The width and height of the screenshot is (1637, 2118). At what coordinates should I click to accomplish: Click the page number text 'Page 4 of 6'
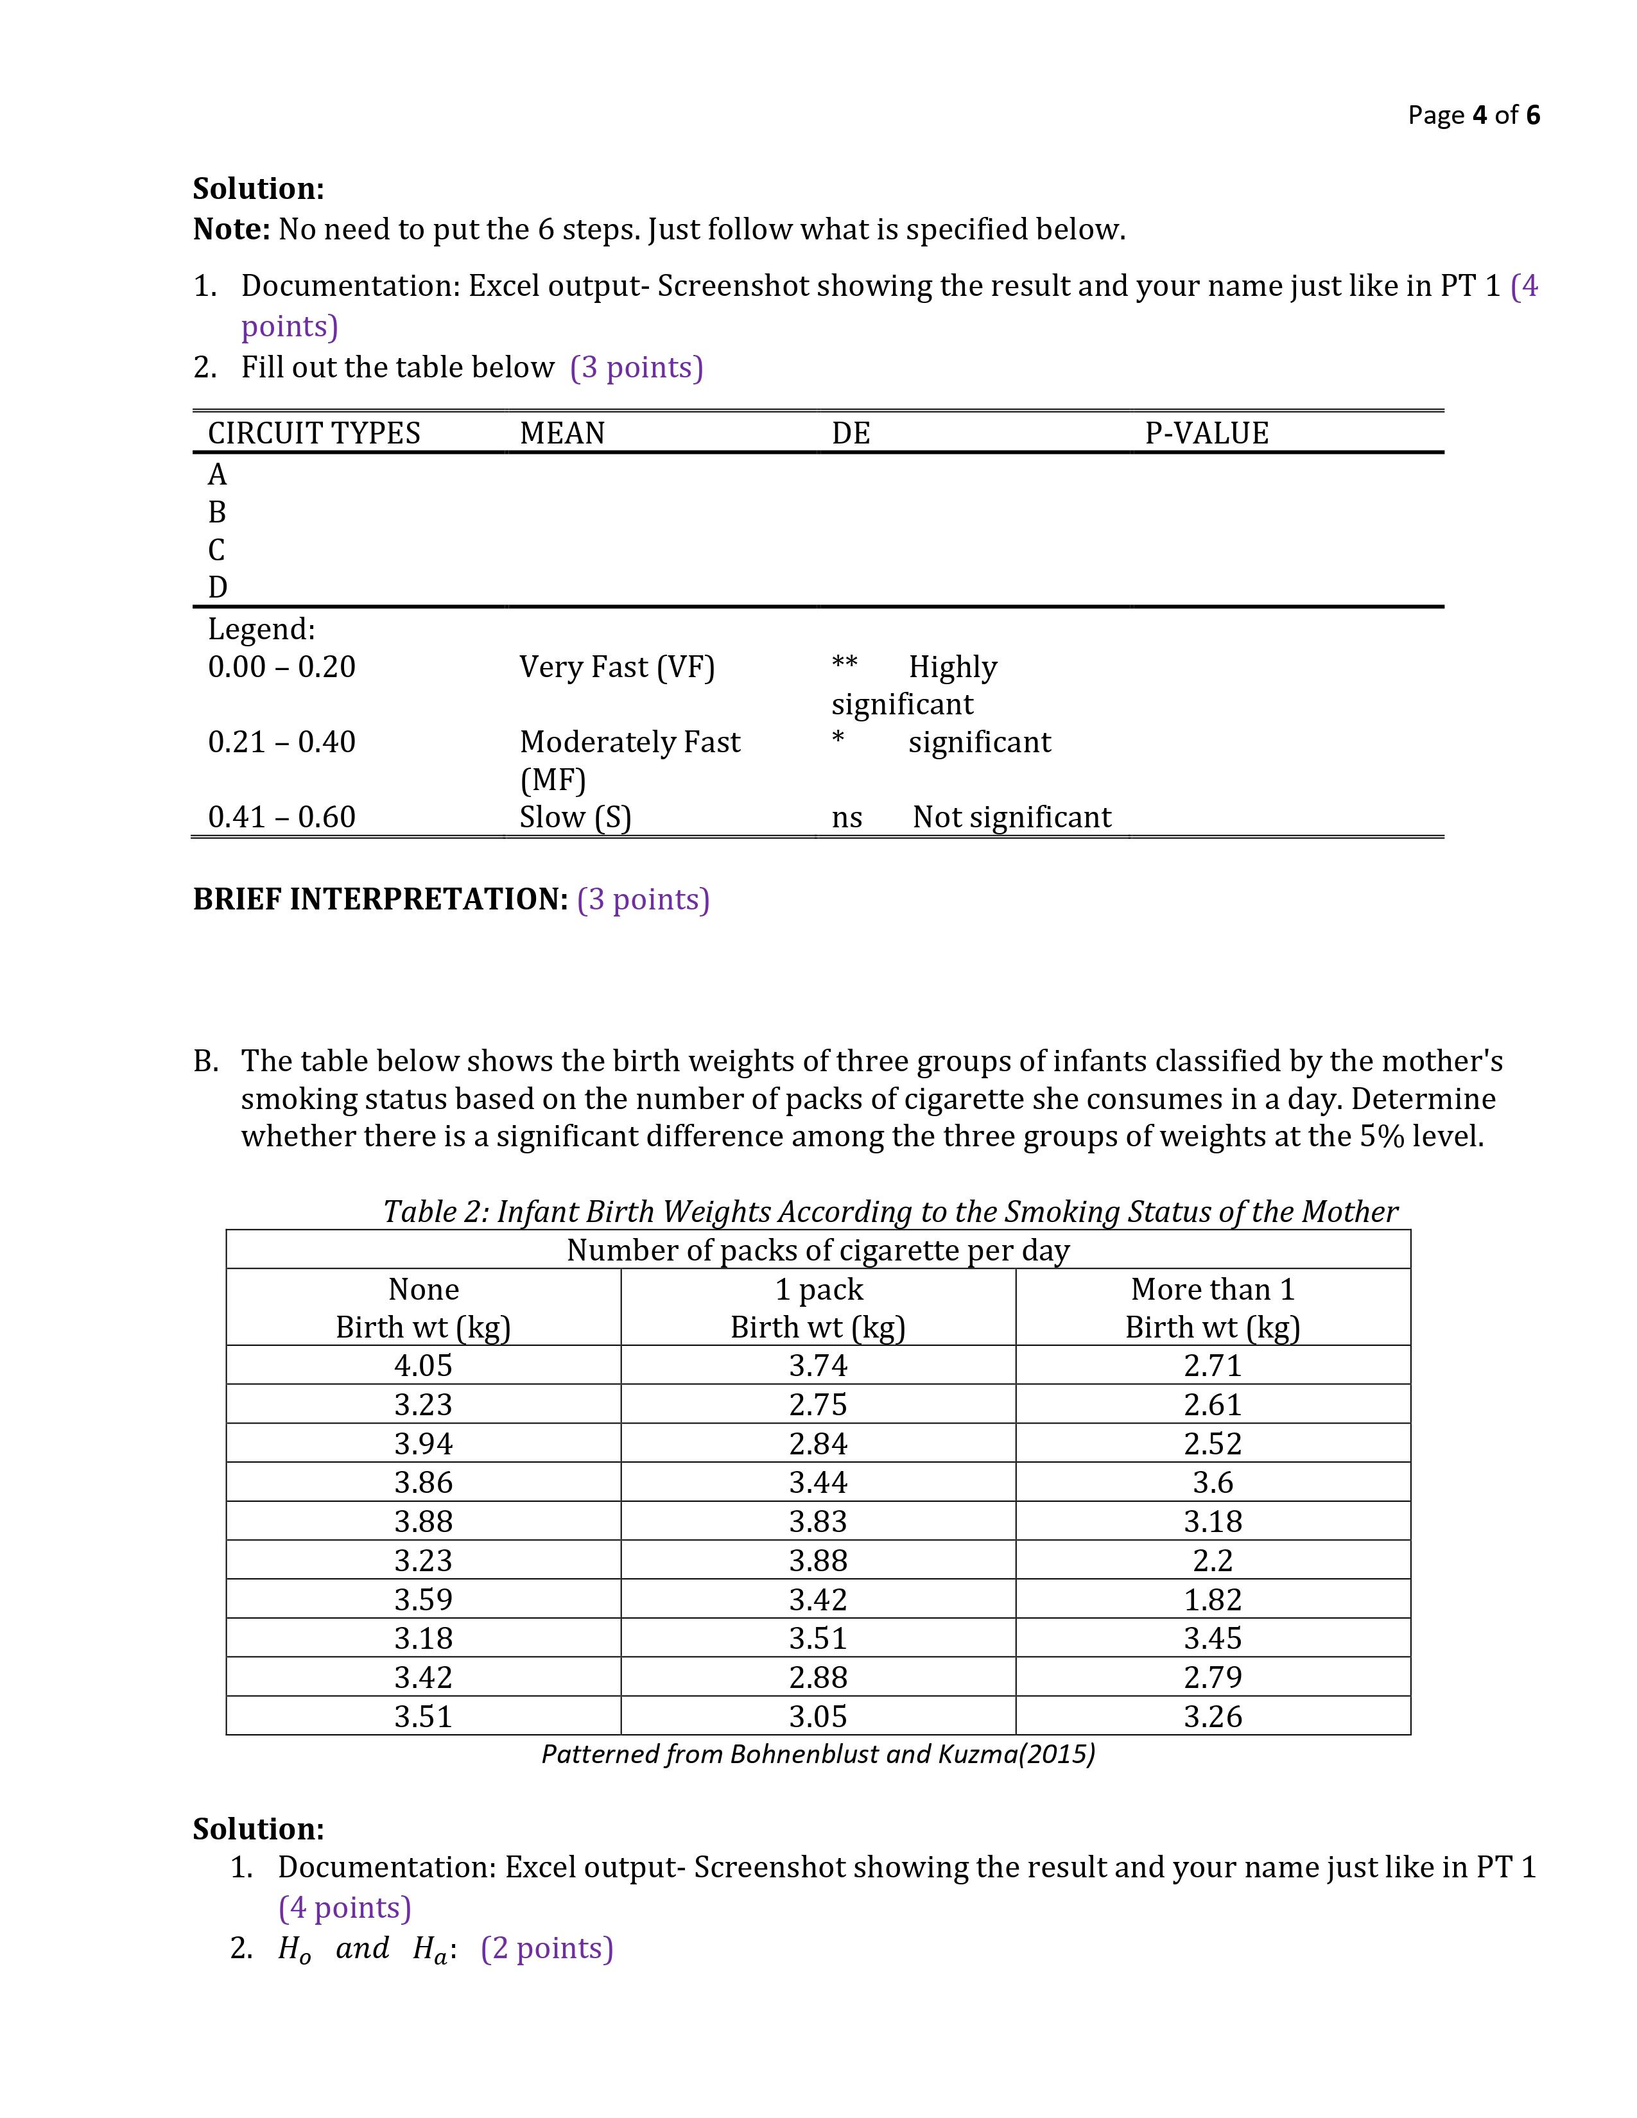1473,116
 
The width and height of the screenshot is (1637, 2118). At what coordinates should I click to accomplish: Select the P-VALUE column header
1206,433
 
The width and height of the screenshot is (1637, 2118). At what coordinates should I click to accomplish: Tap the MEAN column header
562,433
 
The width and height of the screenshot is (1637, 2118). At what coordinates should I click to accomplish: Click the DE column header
851,433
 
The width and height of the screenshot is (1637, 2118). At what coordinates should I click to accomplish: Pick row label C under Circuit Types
216,550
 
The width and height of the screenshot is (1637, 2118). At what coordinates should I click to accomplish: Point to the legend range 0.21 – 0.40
281,742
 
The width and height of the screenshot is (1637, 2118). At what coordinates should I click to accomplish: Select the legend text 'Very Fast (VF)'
617,667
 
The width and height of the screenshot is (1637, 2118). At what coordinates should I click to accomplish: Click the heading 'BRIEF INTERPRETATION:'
380,899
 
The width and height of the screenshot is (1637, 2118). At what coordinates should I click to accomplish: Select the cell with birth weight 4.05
423,1365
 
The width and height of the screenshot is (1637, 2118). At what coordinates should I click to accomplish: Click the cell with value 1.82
1212,1599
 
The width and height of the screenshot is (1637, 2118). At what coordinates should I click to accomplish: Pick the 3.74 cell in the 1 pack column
817,1365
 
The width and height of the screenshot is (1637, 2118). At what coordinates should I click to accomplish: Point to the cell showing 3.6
1212,1482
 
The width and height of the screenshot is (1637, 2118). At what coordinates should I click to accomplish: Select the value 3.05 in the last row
817,1716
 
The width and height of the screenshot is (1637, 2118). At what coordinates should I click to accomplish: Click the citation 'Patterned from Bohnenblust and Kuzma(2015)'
817,1754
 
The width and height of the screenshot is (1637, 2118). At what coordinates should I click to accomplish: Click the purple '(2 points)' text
547,1949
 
